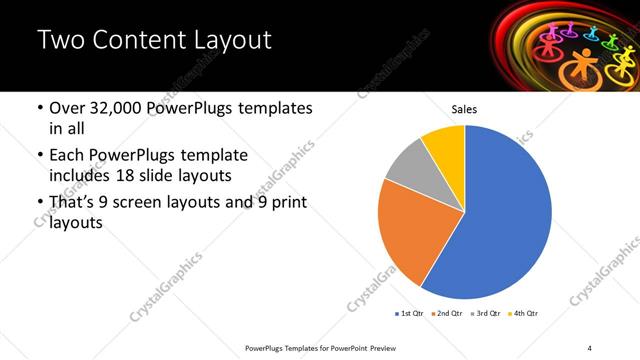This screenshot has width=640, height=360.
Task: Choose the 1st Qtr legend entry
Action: [409, 314]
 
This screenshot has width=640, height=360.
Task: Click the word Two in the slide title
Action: [61, 41]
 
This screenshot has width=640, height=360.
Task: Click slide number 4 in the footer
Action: [590, 347]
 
